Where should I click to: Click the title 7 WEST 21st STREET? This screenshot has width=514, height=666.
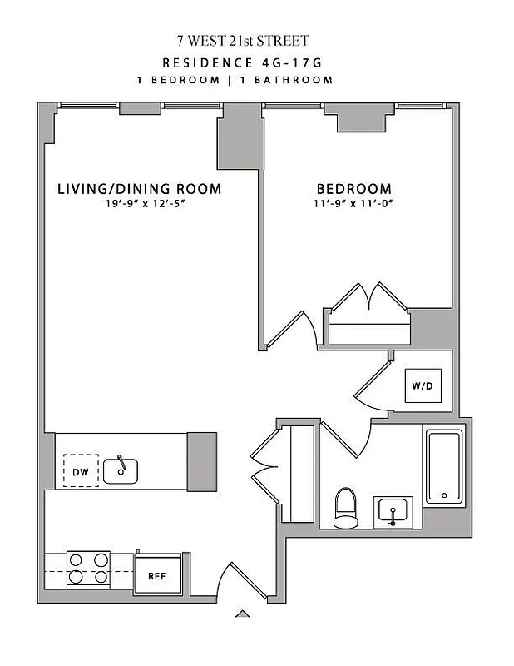(x=242, y=41)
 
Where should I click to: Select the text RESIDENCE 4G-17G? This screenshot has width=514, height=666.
(x=242, y=62)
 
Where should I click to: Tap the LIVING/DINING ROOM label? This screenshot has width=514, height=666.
(x=139, y=189)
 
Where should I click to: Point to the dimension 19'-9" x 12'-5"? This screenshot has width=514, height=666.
(x=139, y=205)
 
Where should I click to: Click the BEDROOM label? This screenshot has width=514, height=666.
(x=353, y=189)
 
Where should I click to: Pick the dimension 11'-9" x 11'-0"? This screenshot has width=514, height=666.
(x=353, y=205)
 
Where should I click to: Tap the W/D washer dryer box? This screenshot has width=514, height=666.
(x=423, y=385)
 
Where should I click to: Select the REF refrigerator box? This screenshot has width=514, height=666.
(x=157, y=575)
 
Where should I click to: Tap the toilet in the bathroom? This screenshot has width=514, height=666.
(x=344, y=508)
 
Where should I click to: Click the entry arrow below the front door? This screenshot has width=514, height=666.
(x=242, y=614)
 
